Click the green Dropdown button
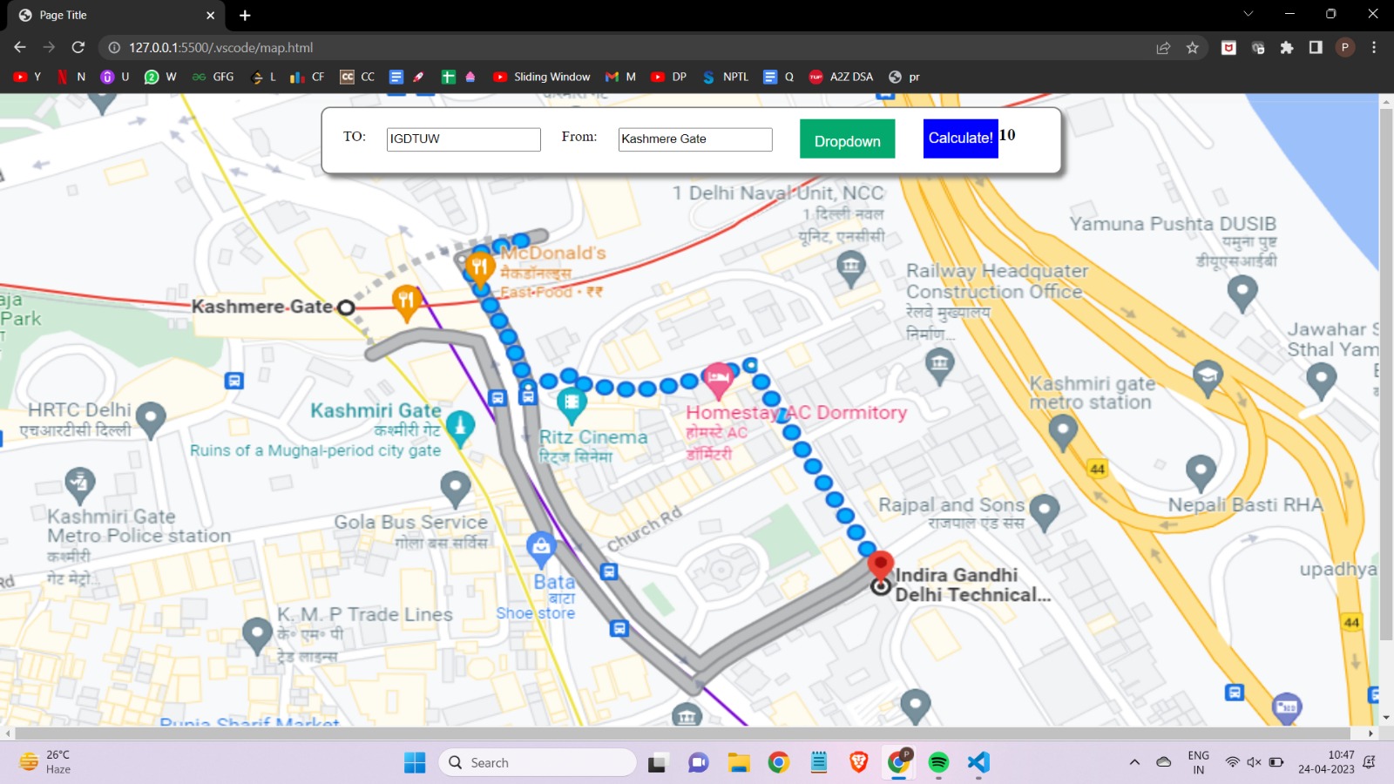847,139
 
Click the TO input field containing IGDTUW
463,139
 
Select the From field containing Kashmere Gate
694,139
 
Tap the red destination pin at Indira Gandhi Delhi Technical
881,565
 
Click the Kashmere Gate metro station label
261,307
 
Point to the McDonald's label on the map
553,253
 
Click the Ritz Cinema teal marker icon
572,403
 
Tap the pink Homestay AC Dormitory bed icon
718,378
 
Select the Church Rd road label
644,530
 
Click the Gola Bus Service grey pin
455,487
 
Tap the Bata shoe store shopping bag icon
541,547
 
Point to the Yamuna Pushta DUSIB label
1173,224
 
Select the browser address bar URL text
221,48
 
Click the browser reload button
78,48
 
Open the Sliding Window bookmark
542,77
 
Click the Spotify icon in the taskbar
938,763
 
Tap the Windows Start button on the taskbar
415,763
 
